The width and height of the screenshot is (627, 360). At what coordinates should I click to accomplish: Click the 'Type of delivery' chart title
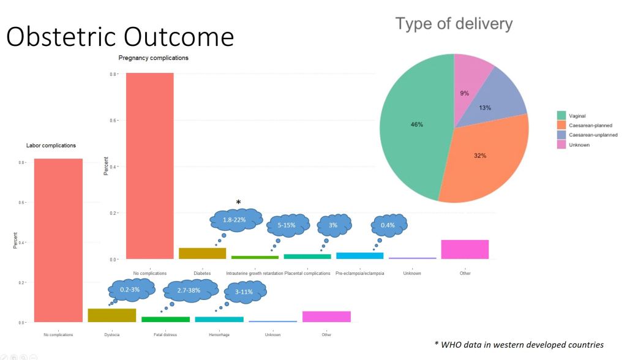click(x=454, y=24)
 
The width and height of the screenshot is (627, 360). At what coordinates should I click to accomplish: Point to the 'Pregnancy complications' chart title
click(x=153, y=58)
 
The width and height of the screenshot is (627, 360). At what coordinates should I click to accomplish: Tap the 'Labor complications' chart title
click(x=51, y=146)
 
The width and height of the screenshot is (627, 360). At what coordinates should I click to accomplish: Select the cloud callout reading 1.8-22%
click(x=236, y=219)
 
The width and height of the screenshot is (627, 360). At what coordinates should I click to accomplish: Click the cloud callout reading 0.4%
click(x=388, y=225)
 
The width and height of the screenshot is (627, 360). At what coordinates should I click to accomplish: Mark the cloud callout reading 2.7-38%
click(x=189, y=291)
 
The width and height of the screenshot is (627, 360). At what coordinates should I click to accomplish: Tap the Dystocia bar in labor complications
click(x=111, y=315)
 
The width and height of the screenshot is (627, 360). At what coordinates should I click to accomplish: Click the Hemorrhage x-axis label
click(x=219, y=335)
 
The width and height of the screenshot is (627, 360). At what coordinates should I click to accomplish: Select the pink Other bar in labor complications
click(x=326, y=316)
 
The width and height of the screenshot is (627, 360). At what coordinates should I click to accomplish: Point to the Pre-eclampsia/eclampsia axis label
click(x=359, y=273)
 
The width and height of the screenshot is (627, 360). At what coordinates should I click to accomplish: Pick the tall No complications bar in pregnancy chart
click(x=149, y=165)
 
